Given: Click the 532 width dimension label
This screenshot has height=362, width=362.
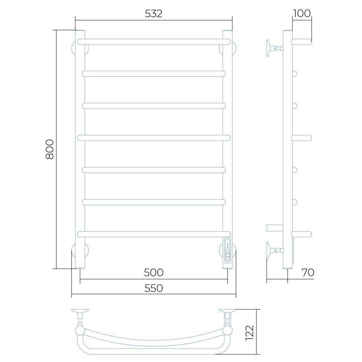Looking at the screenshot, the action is (x=154, y=14).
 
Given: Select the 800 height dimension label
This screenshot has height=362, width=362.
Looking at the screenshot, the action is (x=50, y=149).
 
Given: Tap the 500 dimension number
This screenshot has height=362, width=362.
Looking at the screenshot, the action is (x=154, y=272).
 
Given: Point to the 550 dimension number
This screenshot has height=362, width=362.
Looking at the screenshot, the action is (x=154, y=288).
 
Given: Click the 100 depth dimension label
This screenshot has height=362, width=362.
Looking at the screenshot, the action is (x=302, y=14).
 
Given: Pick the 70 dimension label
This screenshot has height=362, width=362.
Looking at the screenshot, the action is (x=308, y=272).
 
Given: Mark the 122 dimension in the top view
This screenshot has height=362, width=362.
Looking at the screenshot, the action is (x=250, y=333).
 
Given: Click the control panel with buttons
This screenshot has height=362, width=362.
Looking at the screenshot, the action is (x=228, y=250).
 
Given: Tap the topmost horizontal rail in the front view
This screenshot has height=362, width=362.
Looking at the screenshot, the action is (x=154, y=42).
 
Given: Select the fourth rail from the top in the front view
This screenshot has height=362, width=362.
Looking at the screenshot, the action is (x=154, y=138).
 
